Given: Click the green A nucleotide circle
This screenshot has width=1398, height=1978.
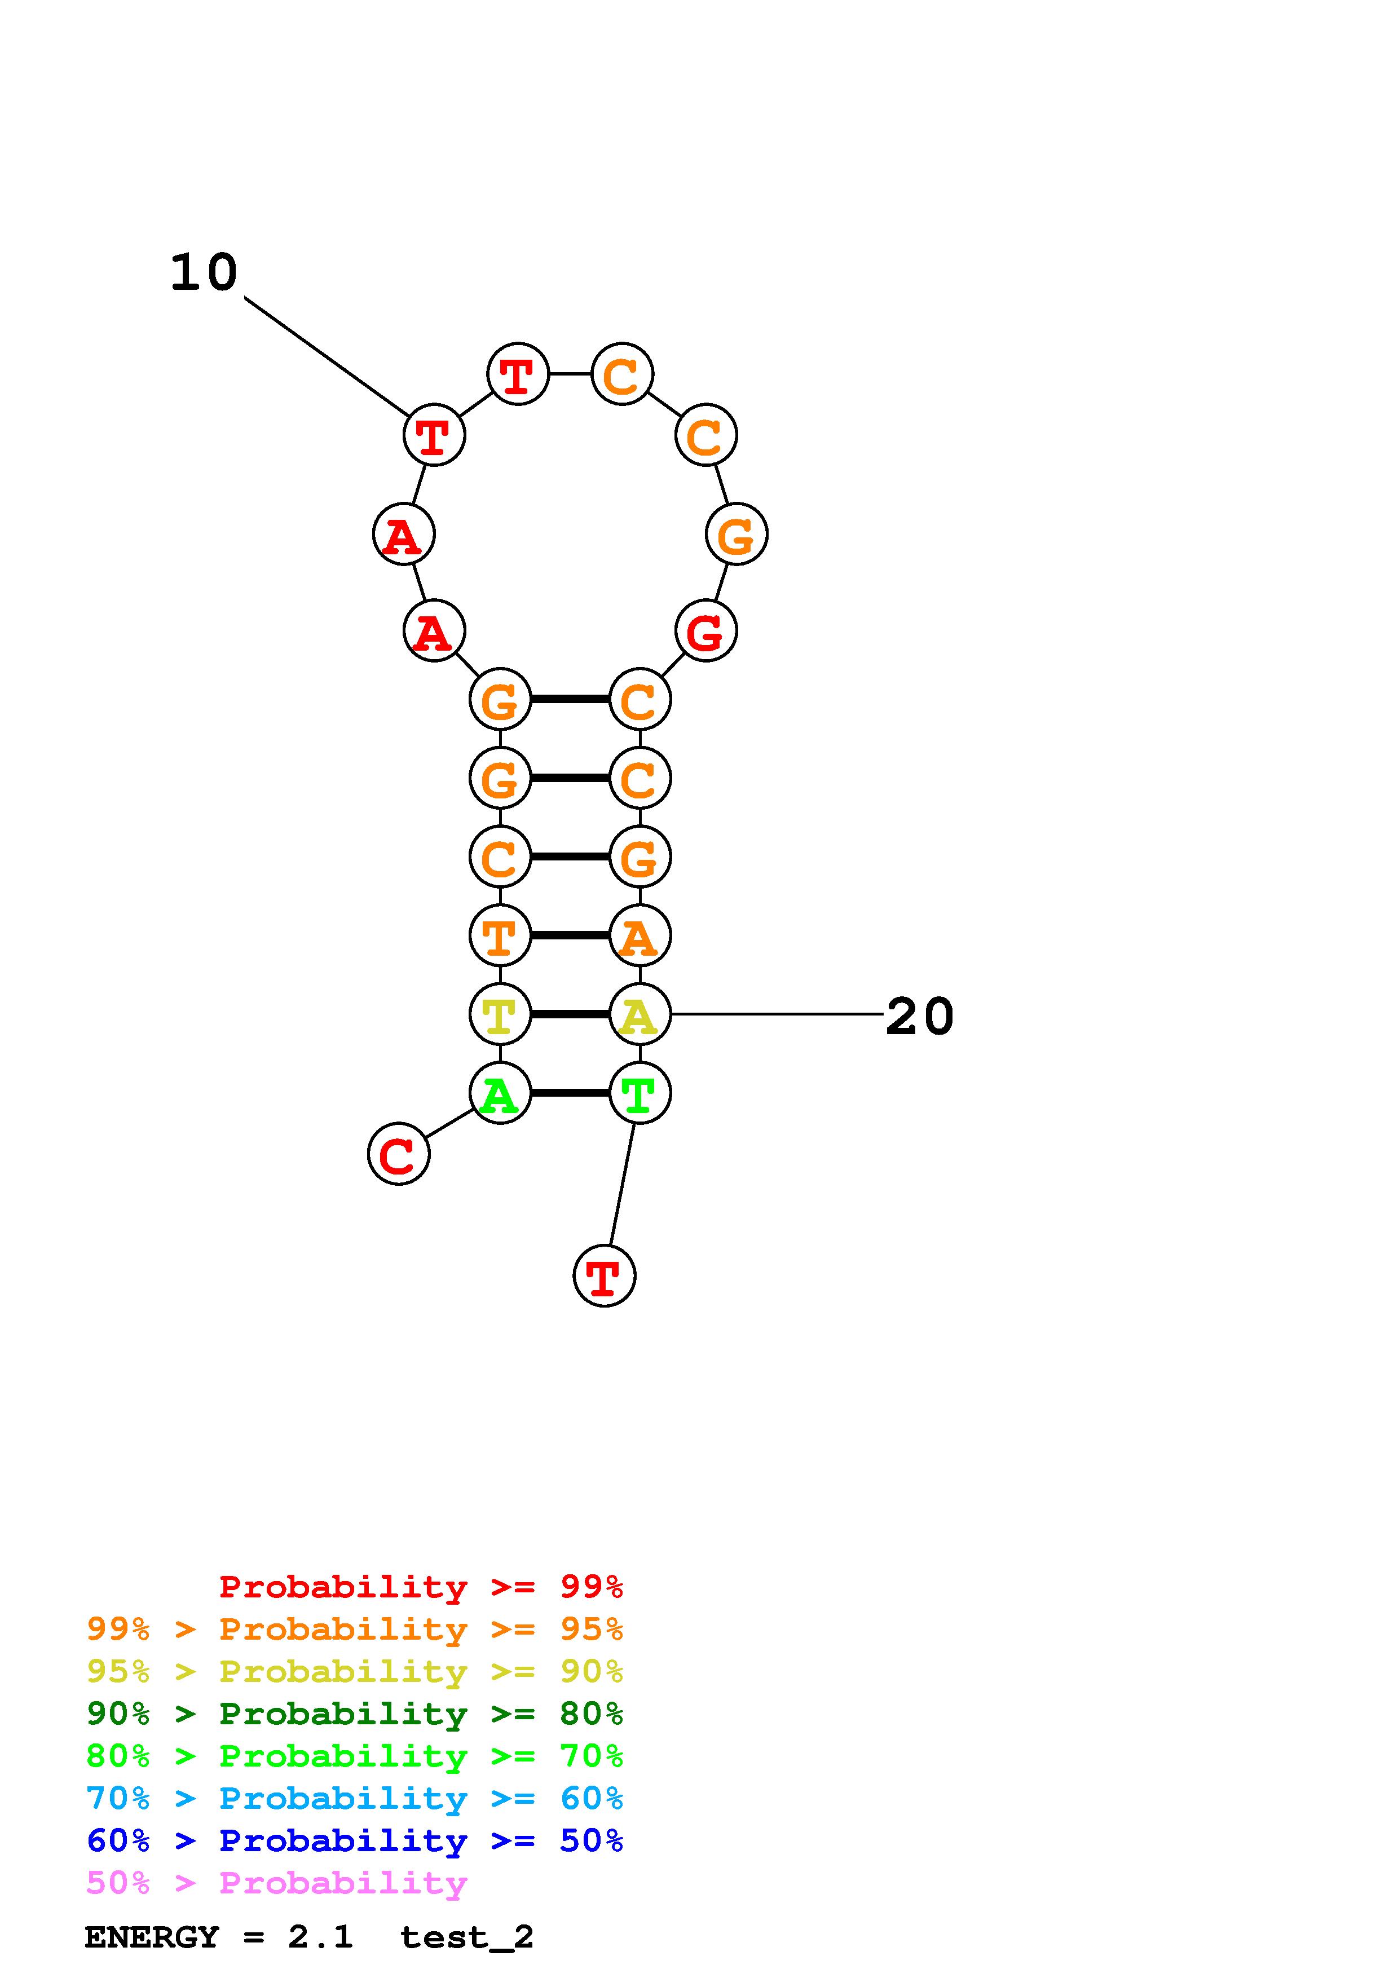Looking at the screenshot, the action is tap(500, 1093).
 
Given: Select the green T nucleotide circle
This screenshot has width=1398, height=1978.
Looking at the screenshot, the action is tap(639, 1093).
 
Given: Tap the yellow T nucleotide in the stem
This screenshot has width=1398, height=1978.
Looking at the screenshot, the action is tap(500, 1014).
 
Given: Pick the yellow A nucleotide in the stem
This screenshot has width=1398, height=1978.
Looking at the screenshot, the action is tap(639, 1014).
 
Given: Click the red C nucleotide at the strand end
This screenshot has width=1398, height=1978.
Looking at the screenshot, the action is tap(398, 1154).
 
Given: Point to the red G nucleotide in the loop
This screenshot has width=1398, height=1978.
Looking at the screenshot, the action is tap(705, 630).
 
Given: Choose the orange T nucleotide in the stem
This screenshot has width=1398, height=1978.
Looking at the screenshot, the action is tap(500, 935).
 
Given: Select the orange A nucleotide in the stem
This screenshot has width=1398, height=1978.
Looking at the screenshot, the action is tap(639, 935).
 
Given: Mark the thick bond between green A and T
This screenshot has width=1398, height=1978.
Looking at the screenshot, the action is tap(570, 1093).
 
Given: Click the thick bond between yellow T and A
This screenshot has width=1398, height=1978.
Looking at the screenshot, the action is tap(570, 1014).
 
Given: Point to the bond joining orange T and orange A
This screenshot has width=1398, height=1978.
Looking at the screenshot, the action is tap(570, 935).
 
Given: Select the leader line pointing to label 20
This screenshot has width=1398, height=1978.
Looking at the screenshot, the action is tap(775, 1014).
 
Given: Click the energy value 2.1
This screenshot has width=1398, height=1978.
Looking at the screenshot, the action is tap(320, 1937).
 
